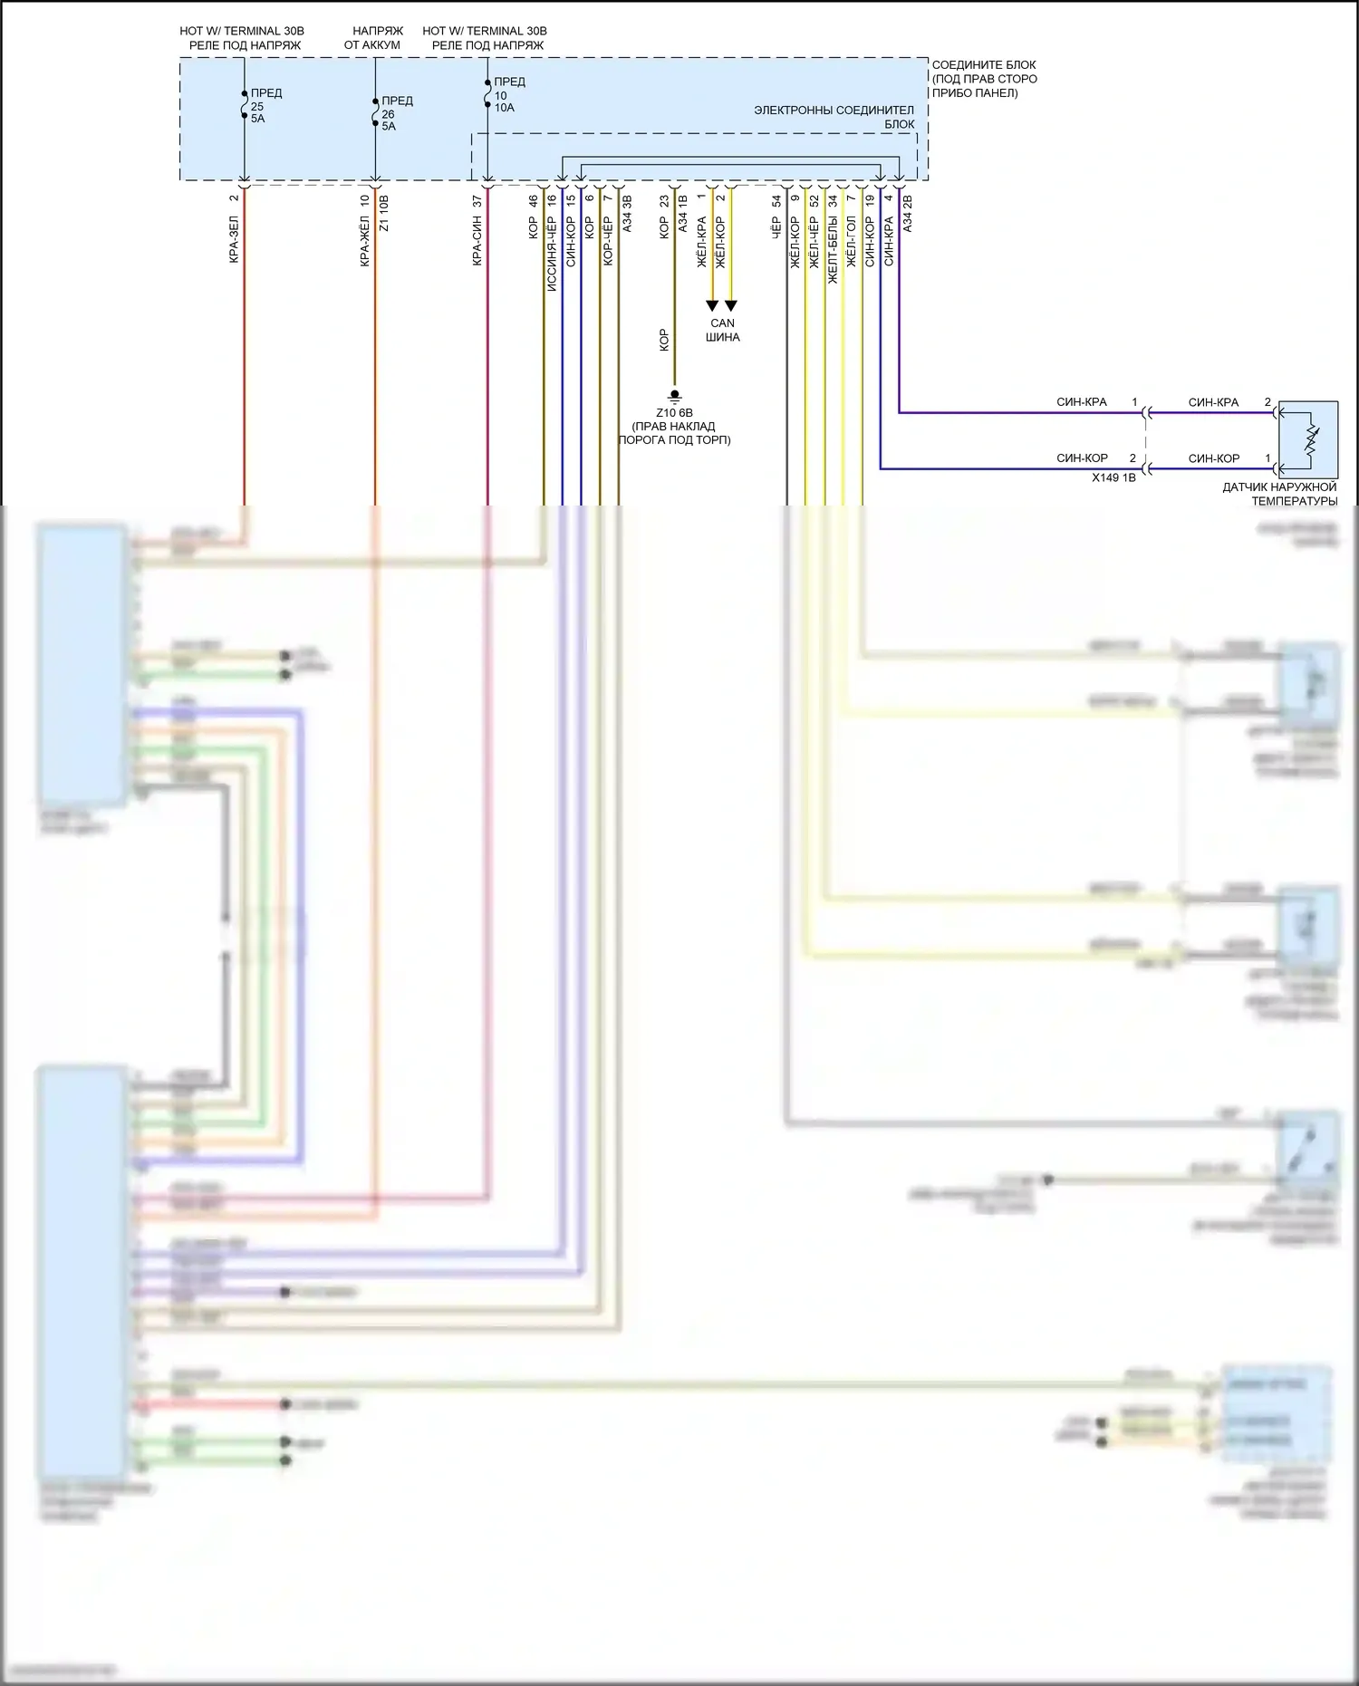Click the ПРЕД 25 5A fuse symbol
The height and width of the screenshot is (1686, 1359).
244,105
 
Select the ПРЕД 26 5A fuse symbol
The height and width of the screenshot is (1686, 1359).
375,113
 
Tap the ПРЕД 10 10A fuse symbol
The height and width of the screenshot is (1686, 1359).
487,94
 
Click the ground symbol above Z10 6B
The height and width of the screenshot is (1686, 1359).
674,396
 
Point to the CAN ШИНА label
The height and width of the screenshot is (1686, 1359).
723,330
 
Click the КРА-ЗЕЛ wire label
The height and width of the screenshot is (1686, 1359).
234,240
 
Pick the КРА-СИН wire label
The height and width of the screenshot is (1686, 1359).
477,242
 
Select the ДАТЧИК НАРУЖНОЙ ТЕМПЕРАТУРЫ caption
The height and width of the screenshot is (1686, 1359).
1279,494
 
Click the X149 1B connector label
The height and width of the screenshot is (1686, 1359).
1113,477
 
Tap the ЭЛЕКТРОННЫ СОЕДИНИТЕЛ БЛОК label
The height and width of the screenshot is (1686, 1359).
834,117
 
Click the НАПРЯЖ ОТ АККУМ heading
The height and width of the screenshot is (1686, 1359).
372,38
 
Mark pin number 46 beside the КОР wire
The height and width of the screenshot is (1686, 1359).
534,201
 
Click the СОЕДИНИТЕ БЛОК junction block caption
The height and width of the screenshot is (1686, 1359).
984,79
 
